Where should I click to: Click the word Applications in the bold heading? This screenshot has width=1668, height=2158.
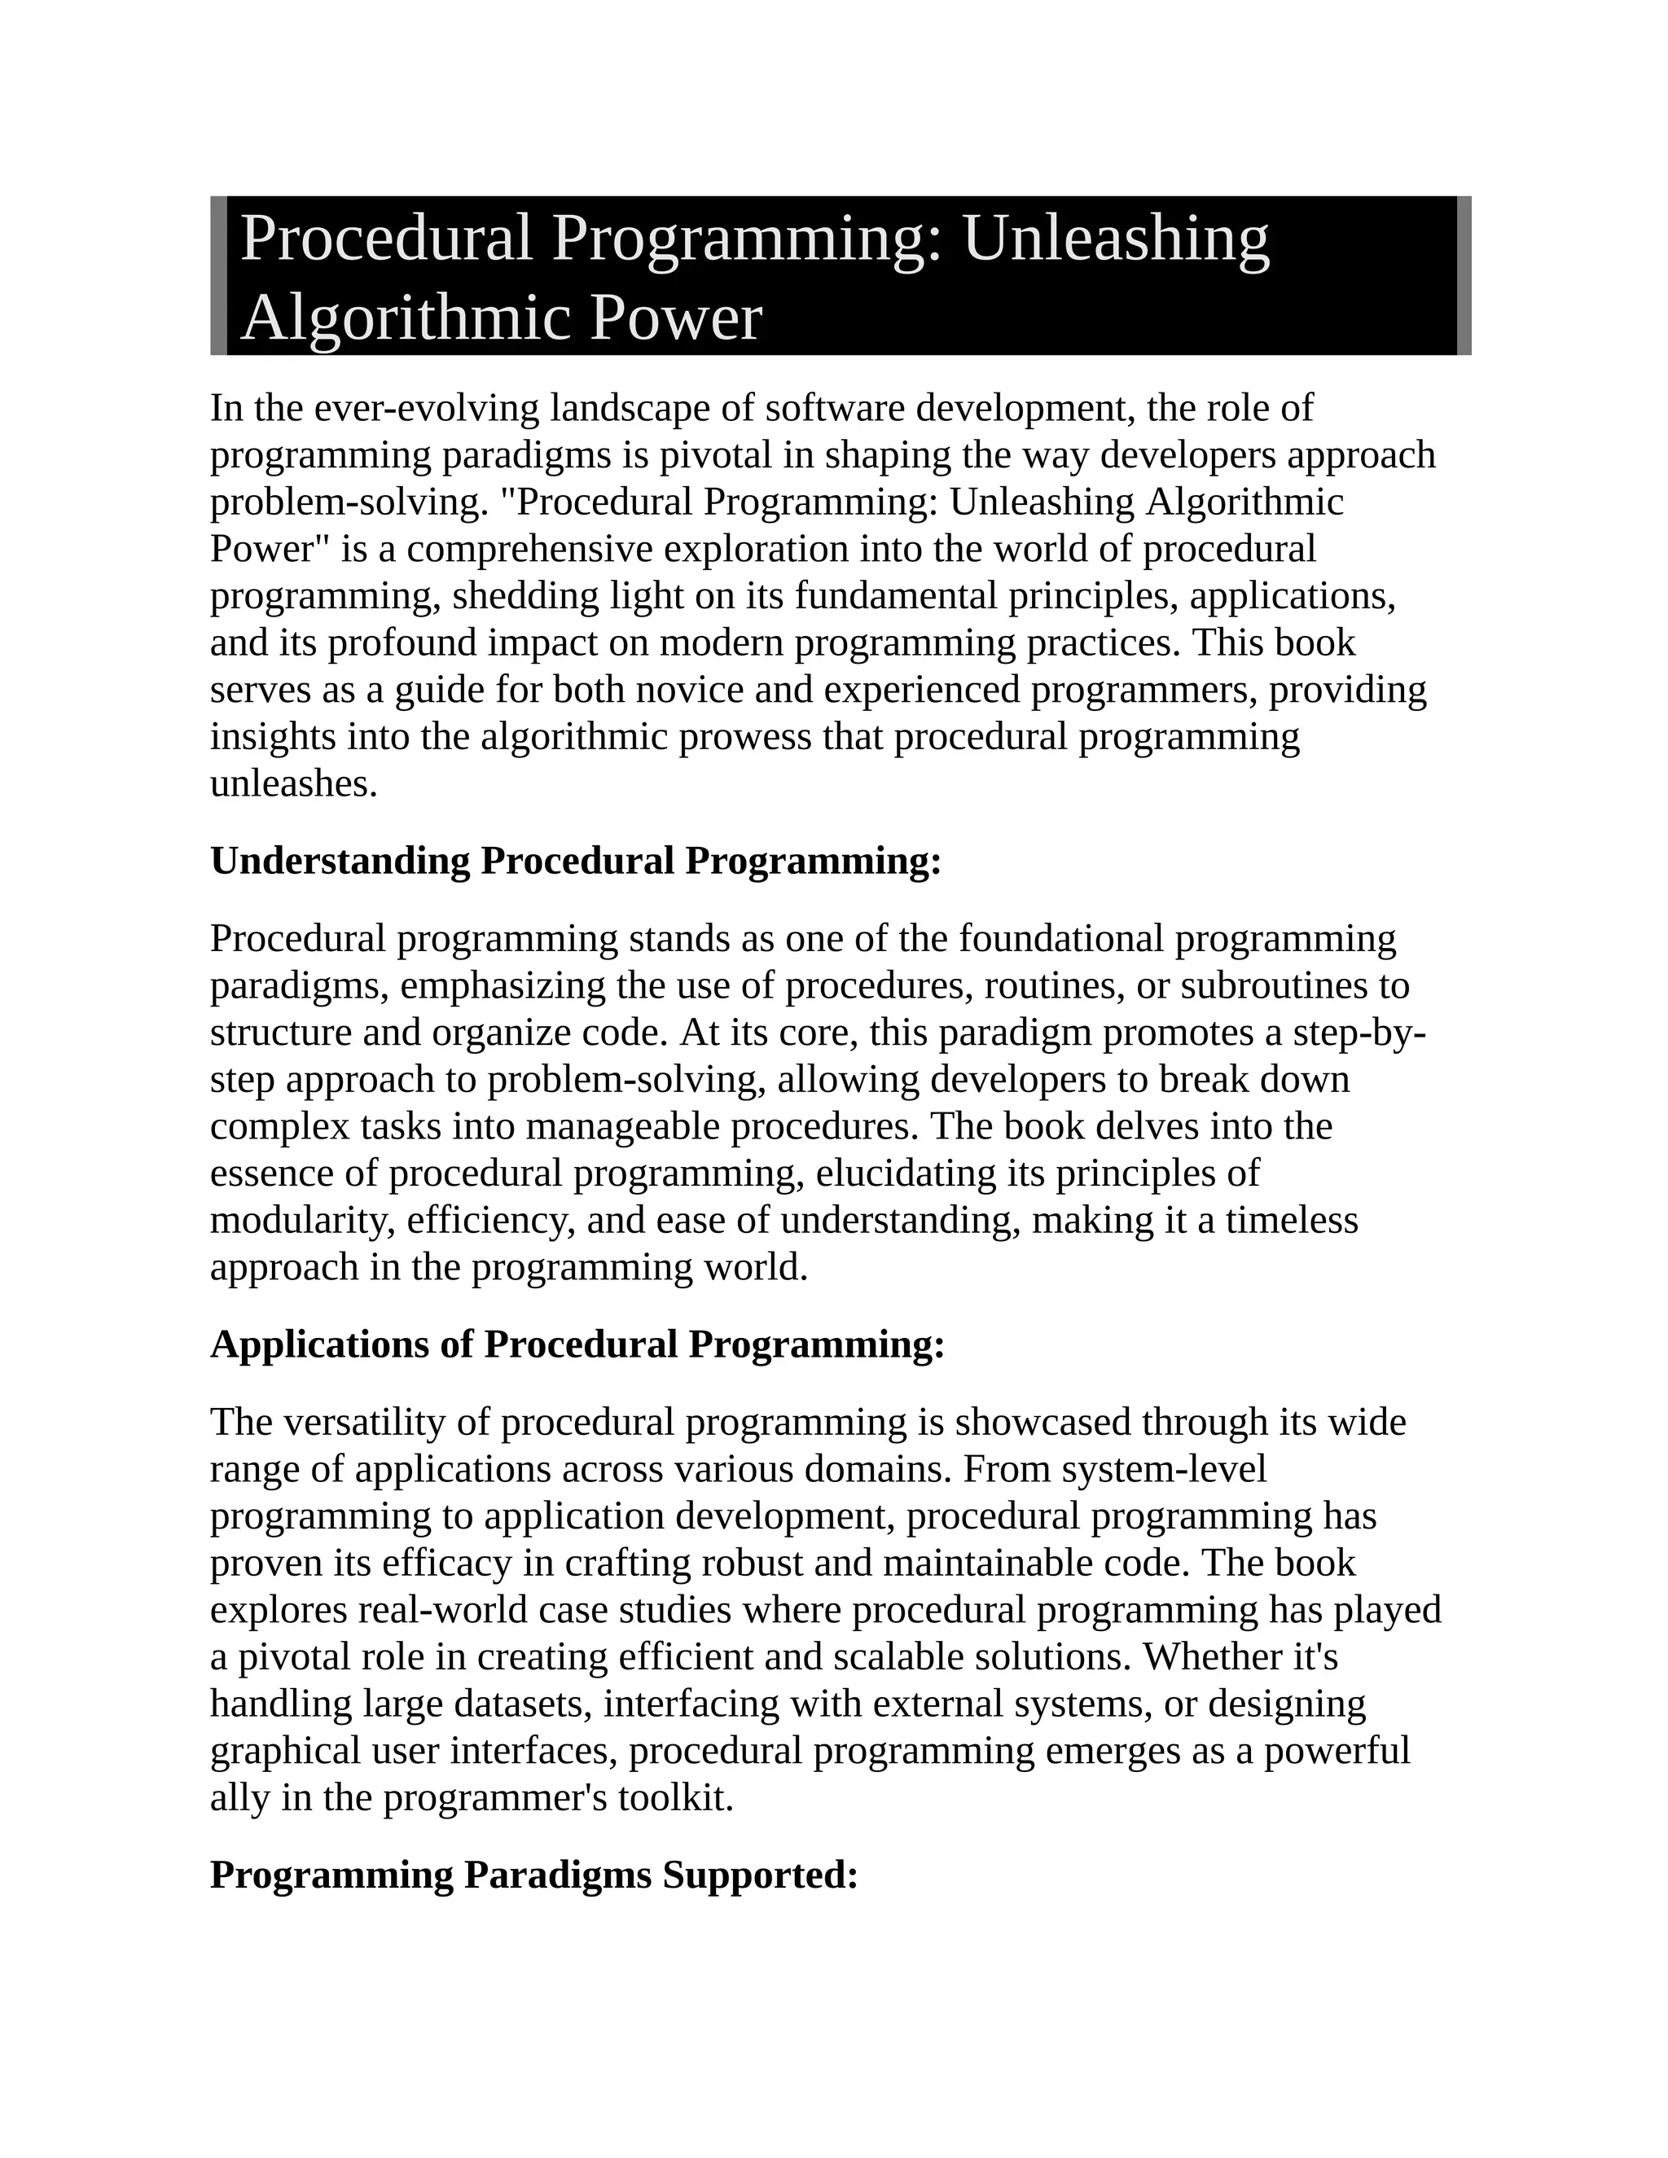341,1344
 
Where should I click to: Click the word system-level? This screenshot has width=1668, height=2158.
1164,1469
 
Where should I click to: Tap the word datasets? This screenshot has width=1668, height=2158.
523,1704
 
